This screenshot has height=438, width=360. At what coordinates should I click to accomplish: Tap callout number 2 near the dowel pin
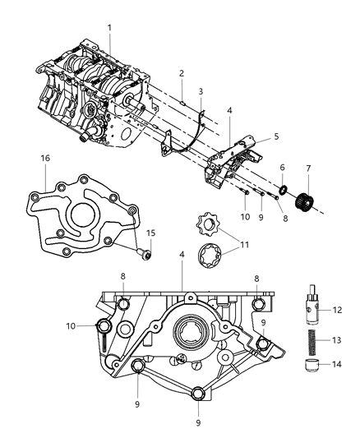[182, 73]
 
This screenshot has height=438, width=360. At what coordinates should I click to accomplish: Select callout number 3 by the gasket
[200, 90]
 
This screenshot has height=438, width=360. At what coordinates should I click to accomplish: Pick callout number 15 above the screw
[150, 233]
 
